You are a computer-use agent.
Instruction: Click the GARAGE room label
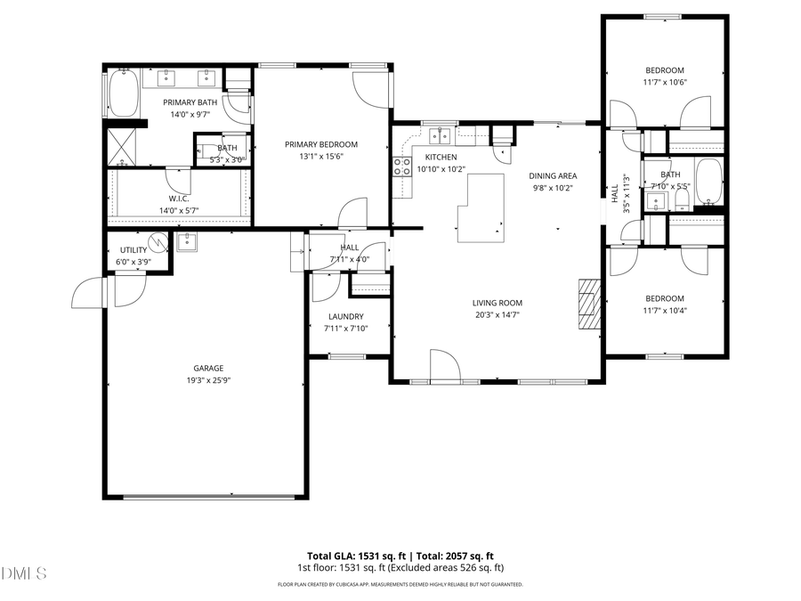(208, 368)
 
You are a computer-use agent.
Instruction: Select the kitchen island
(481, 208)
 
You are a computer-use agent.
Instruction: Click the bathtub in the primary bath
(122, 93)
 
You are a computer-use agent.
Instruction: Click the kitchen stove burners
(402, 166)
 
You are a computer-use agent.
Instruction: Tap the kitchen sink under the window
(438, 135)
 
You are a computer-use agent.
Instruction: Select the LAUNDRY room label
(346, 316)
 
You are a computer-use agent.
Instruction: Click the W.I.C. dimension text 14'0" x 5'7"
(178, 210)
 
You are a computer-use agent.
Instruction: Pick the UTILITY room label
(127, 250)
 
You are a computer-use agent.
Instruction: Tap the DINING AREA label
(553, 176)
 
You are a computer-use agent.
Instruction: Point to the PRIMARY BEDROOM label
(321, 144)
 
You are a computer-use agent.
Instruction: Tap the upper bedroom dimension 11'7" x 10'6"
(665, 82)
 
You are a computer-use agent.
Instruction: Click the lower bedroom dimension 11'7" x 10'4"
(665, 310)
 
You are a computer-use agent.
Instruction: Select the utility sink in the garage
(188, 241)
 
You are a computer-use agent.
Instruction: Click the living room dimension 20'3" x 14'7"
(497, 314)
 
